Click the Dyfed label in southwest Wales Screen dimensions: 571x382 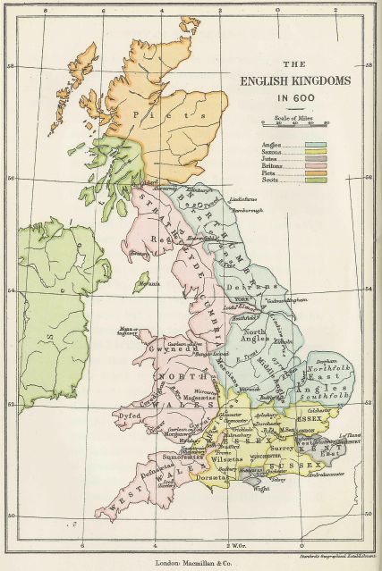pos(125,416)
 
